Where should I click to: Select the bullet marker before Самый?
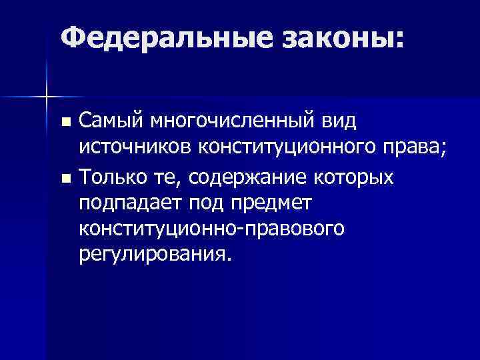(x=65, y=123)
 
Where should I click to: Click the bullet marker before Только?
(x=65, y=179)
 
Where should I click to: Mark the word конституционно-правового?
(x=212, y=229)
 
